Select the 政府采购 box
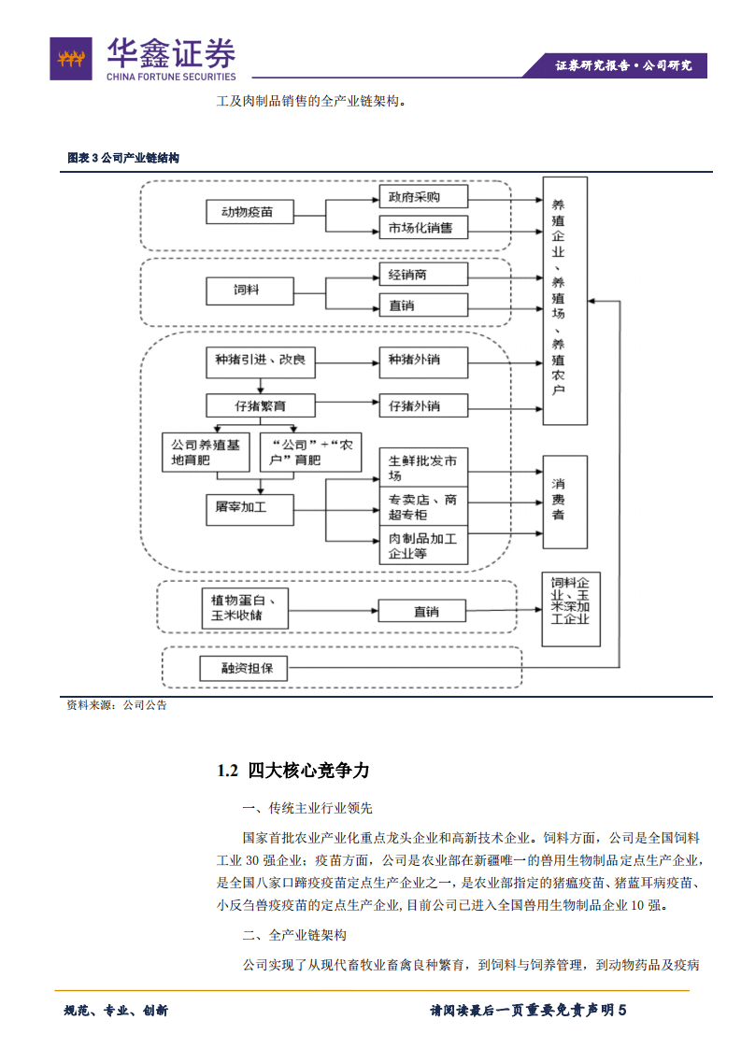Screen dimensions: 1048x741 (422, 197)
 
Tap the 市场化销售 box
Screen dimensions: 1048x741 (422, 228)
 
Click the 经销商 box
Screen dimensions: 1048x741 (422, 275)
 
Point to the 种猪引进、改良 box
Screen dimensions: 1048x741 (261, 360)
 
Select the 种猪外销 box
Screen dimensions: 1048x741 (422, 360)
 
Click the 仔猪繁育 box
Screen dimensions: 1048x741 (261, 406)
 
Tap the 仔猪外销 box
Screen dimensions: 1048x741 (422, 406)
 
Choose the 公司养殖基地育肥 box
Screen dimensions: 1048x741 (205, 452)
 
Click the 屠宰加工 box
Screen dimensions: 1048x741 (249, 508)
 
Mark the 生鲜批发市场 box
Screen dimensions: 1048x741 (422, 468)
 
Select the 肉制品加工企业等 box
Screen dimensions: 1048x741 (422, 546)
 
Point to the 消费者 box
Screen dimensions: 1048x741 (565, 502)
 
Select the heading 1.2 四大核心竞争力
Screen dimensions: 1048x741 (293, 771)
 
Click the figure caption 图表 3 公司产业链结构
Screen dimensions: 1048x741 (122, 158)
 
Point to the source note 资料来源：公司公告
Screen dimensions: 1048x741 (116, 706)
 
